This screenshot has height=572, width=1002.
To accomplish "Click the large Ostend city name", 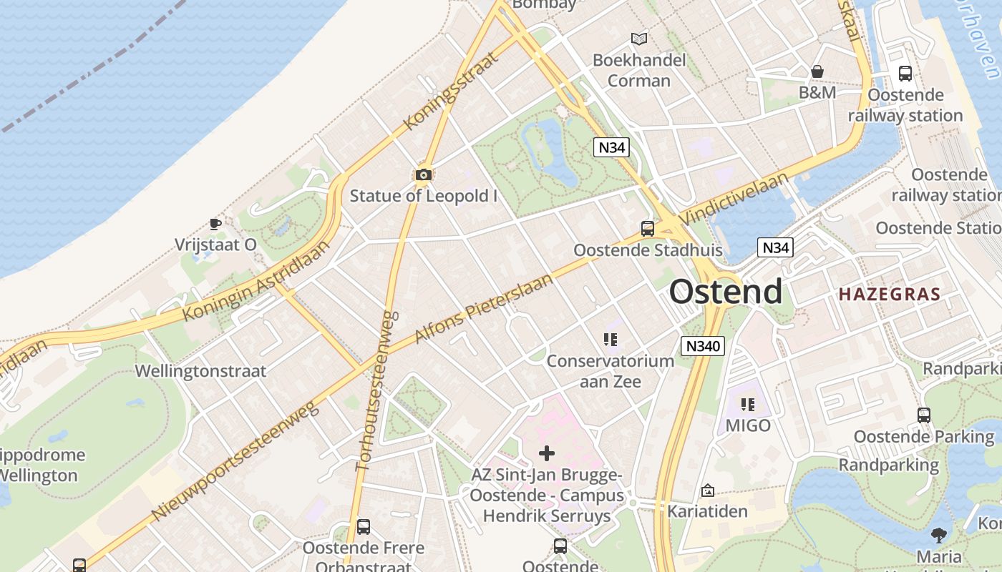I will [x=725, y=292].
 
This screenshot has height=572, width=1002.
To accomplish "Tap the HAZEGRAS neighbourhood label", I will [x=889, y=294].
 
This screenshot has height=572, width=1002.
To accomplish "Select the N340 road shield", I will [x=703, y=346].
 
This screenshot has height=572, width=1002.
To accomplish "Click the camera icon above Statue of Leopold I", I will [x=423, y=174].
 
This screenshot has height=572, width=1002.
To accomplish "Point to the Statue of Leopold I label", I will [x=423, y=195].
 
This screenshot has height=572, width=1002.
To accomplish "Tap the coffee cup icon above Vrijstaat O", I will [x=215, y=224].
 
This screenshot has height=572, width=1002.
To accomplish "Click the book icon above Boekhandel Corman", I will [x=638, y=39].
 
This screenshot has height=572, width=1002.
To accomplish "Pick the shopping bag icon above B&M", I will [x=817, y=71].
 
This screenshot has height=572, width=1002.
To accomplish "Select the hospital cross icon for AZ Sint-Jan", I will [x=546, y=453].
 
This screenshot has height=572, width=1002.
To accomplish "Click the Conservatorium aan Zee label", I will [x=611, y=370].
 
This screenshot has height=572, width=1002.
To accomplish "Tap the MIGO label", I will [x=748, y=425].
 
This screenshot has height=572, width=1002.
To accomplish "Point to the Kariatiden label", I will [x=707, y=511].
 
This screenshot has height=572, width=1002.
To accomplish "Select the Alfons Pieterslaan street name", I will [x=484, y=308].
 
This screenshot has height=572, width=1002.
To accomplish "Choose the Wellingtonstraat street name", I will [x=200, y=371].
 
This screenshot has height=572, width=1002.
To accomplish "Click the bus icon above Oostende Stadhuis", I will [x=647, y=229].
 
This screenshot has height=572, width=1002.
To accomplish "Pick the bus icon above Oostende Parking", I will [x=923, y=415].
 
